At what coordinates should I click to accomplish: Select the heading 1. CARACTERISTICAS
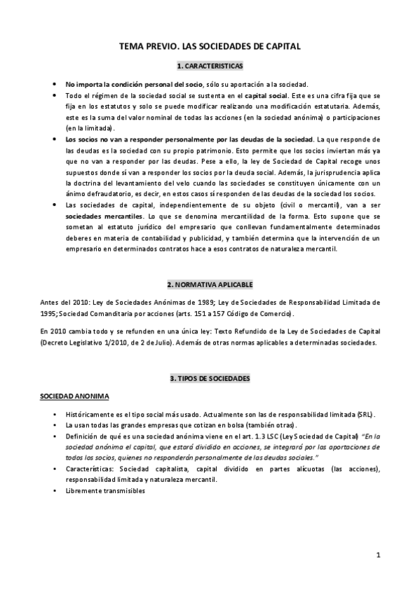pyautogui.click(x=210, y=67)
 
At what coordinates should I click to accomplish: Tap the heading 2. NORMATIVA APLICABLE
pyautogui.click(x=210, y=286)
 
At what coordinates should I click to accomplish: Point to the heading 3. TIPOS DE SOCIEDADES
pyautogui.click(x=210, y=378)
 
